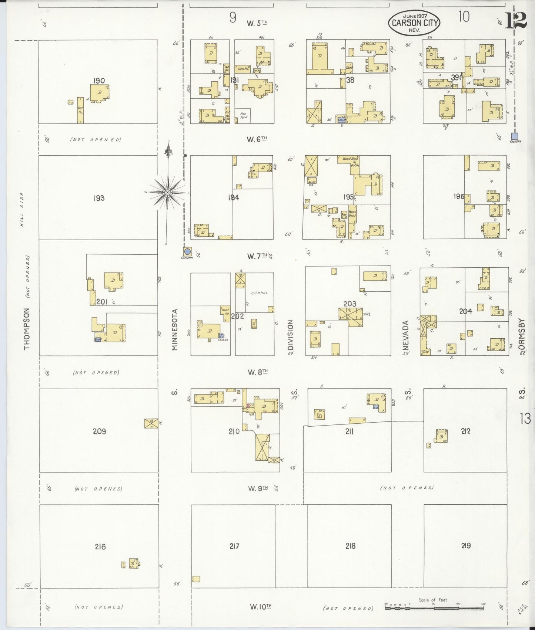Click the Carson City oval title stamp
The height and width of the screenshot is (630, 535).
[x=414, y=23]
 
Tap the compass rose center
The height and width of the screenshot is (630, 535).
[x=167, y=192]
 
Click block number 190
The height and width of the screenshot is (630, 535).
[x=99, y=81]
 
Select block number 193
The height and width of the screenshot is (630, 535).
[x=99, y=198]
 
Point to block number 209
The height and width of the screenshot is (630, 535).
[x=99, y=431]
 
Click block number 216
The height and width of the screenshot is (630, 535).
[x=100, y=546]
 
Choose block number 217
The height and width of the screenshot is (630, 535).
[x=234, y=546]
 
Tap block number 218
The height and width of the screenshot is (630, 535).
[x=350, y=546]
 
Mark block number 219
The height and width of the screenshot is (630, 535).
[x=466, y=545]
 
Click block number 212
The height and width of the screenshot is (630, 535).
[x=465, y=431]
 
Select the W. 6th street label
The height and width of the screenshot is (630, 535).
[x=257, y=139]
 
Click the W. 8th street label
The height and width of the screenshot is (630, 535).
[x=258, y=372]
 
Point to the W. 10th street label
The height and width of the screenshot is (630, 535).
[x=261, y=607]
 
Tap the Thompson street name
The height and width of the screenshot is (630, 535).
[x=27, y=329]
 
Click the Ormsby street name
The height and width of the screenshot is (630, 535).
[x=522, y=334]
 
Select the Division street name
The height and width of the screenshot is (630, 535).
[x=291, y=335]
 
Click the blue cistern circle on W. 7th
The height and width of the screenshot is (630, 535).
[x=187, y=251]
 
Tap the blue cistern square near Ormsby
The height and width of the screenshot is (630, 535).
[x=514, y=136]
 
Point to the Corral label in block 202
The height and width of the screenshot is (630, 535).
[x=259, y=293]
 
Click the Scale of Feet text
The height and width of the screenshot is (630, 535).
[x=432, y=600]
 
